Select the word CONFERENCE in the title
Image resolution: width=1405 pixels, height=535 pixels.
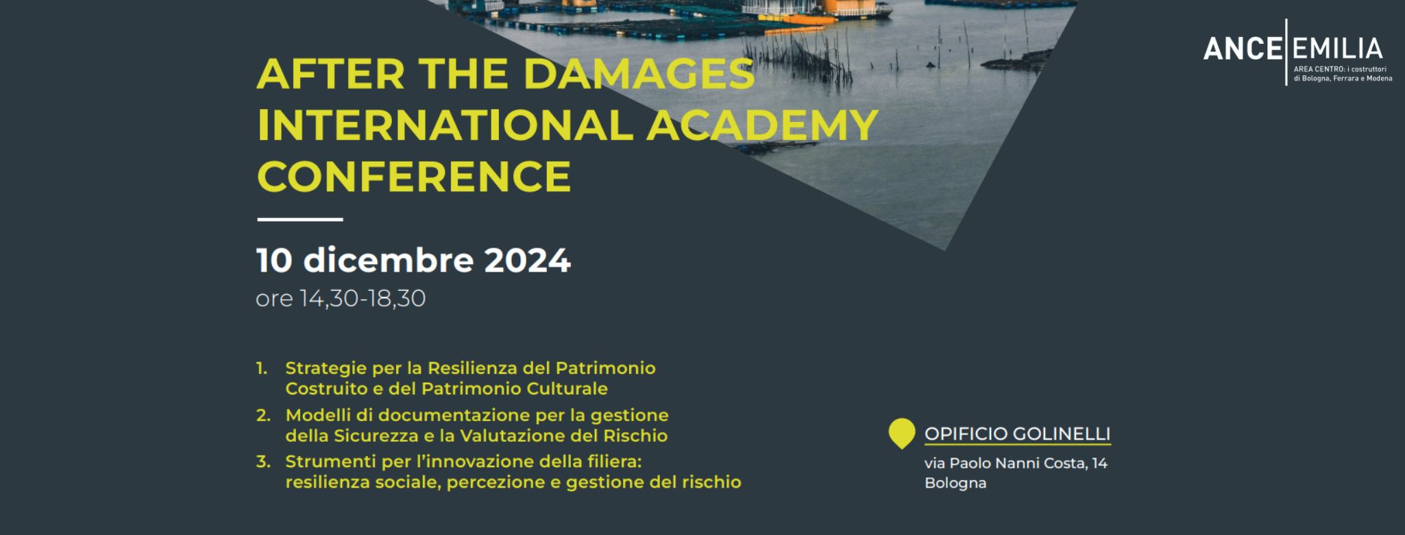pyautogui.click(x=414, y=176)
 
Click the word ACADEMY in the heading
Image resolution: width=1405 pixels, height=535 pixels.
pyautogui.click(x=762, y=125)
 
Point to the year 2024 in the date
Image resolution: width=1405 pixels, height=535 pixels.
pyautogui.click(x=527, y=261)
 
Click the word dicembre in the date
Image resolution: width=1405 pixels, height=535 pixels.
pyautogui.click(x=389, y=261)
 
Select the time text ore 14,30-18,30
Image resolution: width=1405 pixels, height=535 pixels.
pyautogui.click(x=341, y=298)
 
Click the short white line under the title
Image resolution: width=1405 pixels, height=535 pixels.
pyautogui.click(x=300, y=219)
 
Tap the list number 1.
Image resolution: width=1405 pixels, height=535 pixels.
pyautogui.click(x=262, y=368)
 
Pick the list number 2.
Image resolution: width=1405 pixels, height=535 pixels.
pyautogui.click(x=263, y=416)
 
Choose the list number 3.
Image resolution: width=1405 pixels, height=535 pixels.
pyautogui.click(x=263, y=462)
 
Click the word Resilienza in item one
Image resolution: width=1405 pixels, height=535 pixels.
pyautogui.click(x=472, y=368)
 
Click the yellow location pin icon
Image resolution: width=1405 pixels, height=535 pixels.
pyautogui.click(x=902, y=433)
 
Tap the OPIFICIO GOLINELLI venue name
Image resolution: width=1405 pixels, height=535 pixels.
pyautogui.click(x=1018, y=434)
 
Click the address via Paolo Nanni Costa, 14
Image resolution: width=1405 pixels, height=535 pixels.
pyautogui.click(x=1016, y=464)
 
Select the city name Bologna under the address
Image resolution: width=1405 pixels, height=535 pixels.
pyautogui.click(x=955, y=483)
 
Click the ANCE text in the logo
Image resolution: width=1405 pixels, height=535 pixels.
pyautogui.click(x=1243, y=49)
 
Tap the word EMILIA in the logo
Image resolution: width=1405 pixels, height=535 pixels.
pyautogui.click(x=1337, y=49)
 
